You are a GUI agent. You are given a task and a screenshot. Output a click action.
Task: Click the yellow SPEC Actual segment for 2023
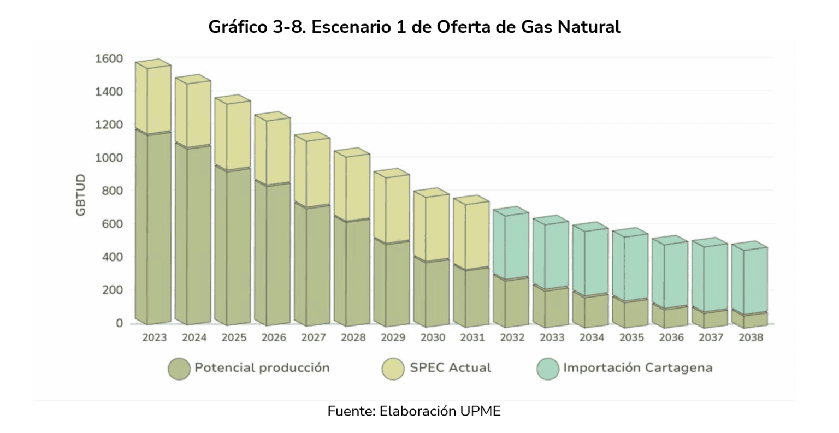(x=153, y=98)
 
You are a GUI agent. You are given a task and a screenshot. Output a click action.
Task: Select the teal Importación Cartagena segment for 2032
(x=511, y=246)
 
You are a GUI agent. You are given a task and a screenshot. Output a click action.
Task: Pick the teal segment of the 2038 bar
(x=749, y=281)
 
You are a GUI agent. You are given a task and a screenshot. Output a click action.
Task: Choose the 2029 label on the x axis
(x=393, y=337)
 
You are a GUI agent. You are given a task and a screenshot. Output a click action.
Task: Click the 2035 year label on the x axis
(x=631, y=337)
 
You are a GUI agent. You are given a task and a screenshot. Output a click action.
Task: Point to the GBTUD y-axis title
(x=81, y=195)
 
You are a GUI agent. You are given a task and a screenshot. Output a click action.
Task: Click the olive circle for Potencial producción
(x=179, y=369)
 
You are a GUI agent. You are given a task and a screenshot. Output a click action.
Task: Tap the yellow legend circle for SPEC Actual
(x=393, y=369)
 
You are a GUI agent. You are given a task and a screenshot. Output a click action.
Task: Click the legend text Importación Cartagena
(x=637, y=367)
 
